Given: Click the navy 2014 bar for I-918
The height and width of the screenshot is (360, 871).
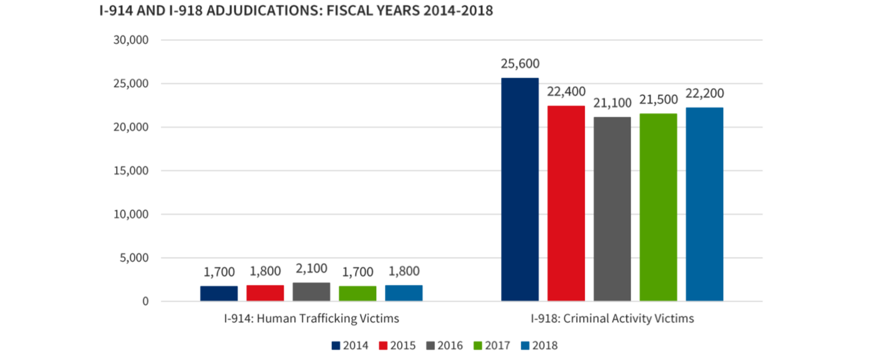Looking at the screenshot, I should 520,189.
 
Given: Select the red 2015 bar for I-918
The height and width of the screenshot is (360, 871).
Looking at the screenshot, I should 566,203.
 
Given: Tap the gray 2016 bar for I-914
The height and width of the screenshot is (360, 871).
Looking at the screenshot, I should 311,292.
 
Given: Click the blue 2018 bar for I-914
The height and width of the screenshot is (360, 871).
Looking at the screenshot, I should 404,293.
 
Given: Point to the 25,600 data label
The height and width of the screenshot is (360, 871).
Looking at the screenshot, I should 520,63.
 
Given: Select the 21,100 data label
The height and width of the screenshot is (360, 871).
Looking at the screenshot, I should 612,102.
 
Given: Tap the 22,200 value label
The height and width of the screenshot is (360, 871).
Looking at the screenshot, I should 705,93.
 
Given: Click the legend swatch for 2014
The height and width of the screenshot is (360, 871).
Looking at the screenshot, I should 336,346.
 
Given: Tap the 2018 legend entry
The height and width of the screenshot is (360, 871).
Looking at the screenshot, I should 539,346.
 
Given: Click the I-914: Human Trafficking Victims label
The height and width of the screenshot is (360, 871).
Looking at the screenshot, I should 311,318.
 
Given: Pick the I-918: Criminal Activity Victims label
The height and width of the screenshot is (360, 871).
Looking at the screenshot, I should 612,318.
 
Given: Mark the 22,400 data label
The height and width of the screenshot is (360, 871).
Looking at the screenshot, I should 566,91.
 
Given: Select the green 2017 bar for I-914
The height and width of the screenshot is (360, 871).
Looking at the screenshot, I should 358,293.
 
